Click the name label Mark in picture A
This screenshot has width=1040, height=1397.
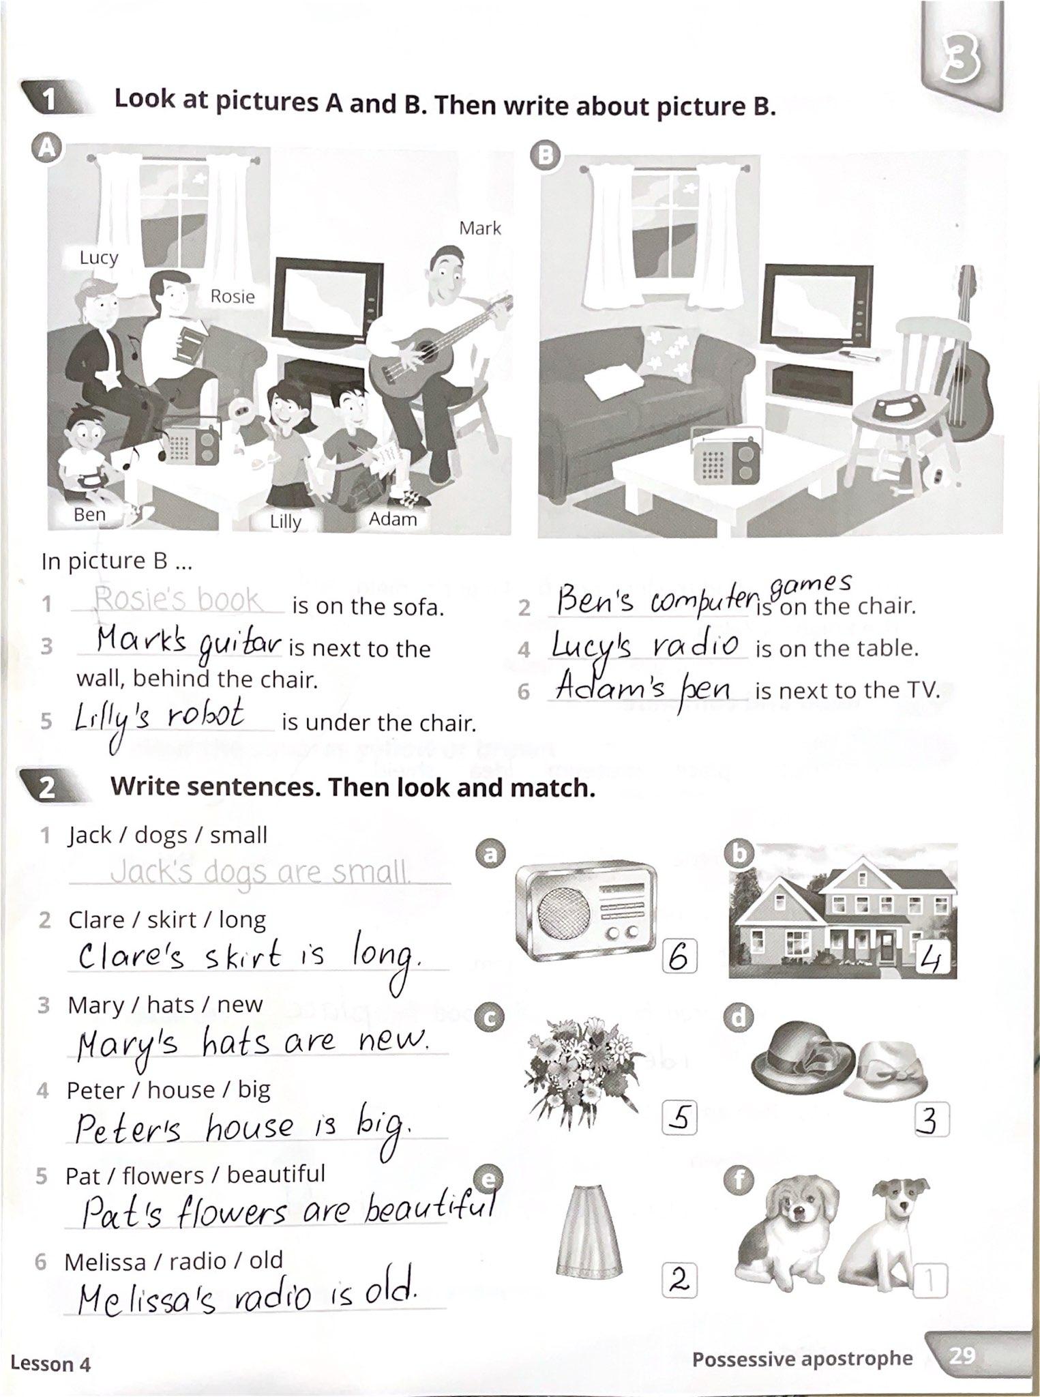pyautogui.click(x=480, y=228)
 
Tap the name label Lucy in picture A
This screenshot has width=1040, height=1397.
pyautogui.click(x=99, y=257)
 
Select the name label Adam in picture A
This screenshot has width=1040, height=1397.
pyautogui.click(x=392, y=519)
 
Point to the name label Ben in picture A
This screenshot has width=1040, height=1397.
pyautogui.click(x=89, y=514)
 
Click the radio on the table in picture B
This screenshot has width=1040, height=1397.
pyautogui.click(x=726, y=458)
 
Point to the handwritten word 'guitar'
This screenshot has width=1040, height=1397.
pyautogui.click(x=240, y=645)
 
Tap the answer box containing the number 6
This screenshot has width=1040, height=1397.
pyautogui.click(x=679, y=958)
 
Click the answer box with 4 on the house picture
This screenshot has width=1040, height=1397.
pyautogui.click(x=932, y=960)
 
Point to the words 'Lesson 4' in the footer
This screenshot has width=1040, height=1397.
pyautogui.click(x=50, y=1364)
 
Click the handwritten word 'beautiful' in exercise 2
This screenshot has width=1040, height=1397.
pyautogui.click(x=430, y=1210)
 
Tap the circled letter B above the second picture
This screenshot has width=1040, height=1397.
pyautogui.click(x=546, y=156)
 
